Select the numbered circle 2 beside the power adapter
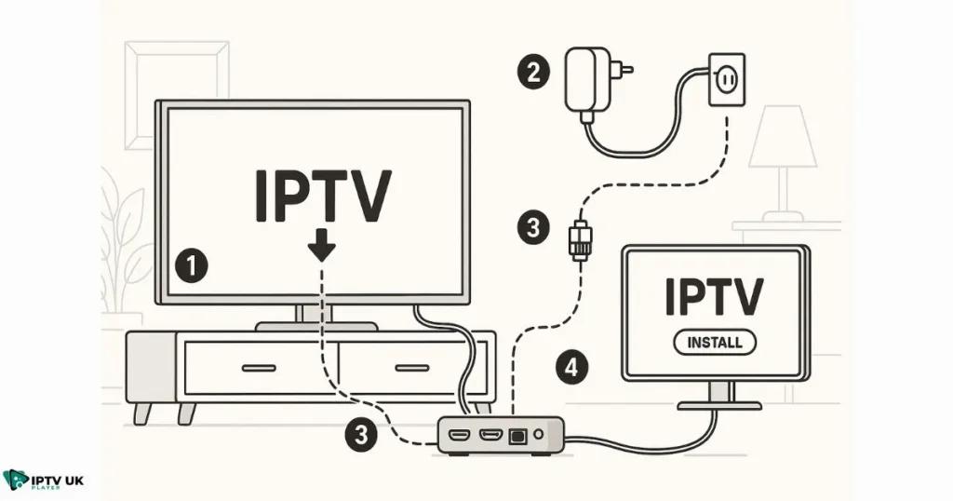pos(532,73)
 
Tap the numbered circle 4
pos(570,368)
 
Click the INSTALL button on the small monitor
pos(714,342)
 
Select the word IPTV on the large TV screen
pos(323,196)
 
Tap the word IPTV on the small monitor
pos(714,296)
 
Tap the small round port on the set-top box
pos(540,435)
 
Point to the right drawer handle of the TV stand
pos(411,368)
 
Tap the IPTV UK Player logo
pos(44,481)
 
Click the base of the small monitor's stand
pos(718,405)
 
